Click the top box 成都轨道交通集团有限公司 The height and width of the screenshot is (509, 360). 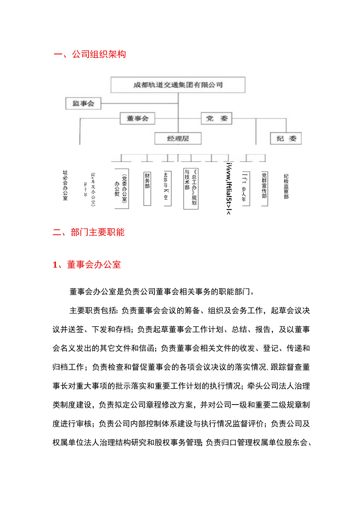[x=178, y=85]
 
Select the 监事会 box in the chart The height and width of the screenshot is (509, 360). [x=83, y=104]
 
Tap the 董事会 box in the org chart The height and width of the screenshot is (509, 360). [x=137, y=118]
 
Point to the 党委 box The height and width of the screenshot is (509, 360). [x=216, y=118]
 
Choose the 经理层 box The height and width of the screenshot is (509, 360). [x=178, y=138]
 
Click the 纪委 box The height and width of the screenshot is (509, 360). [x=286, y=138]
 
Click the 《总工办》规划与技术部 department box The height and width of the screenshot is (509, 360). [x=191, y=189]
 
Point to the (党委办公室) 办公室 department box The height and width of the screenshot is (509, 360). [x=122, y=189]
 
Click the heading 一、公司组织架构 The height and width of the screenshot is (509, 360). [x=90, y=54]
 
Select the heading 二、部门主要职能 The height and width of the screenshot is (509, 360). [x=89, y=232]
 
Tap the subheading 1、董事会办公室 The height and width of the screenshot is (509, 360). [x=87, y=265]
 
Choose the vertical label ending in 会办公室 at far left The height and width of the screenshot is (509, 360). [x=65, y=185]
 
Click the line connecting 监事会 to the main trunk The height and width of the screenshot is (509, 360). [x=139, y=104]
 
